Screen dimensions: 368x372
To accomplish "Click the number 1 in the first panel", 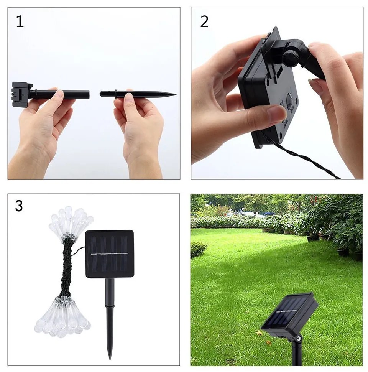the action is click(x=20, y=22).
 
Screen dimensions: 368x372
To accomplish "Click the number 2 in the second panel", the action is click(x=204, y=22).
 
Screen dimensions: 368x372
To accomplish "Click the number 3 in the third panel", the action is click(x=19, y=206).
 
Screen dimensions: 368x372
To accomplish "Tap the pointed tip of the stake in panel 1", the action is click(x=176, y=95).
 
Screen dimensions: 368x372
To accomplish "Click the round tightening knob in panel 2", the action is click(x=290, y=59).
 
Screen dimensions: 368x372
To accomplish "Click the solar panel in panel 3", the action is click(x=110, y=253).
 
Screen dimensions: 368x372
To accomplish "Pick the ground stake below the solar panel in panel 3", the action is click(x=110, y=318).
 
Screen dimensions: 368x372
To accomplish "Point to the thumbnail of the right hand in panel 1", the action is click(x=128, y=97).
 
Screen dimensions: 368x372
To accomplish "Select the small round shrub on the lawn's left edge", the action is click(x=198, y=249).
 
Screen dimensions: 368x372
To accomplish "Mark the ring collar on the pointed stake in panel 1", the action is click(x=116, y=94).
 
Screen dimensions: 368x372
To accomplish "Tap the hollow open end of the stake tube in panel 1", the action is click(x=88, y=94).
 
